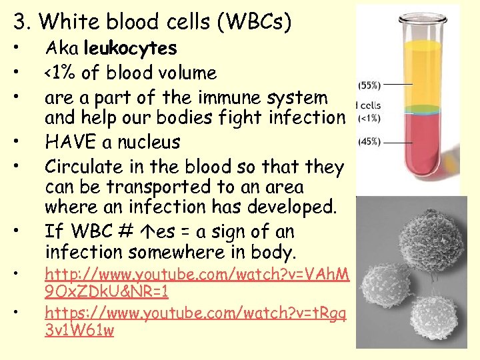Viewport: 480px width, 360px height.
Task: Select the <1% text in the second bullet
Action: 61,73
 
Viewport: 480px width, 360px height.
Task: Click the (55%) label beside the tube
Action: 370,85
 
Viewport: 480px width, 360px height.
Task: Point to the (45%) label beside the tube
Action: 370,141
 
